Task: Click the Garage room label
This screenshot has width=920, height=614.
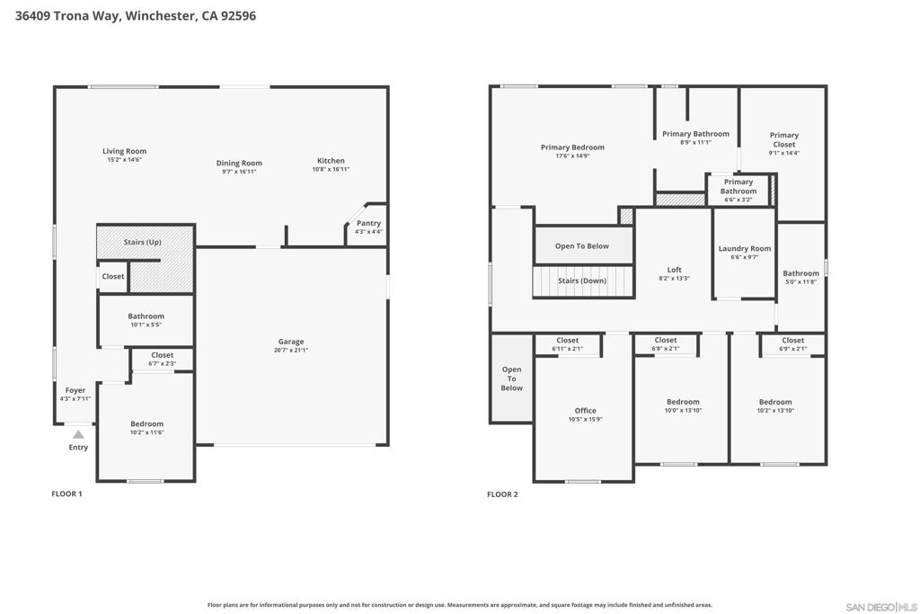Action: coord(291,342)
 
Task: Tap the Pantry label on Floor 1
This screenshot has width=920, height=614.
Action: coord(368,223)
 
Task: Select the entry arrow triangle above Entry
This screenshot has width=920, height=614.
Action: coord(78,434)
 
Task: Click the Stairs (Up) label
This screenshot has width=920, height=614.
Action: coord(143,242)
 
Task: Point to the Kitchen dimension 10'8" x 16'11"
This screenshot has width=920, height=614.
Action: coord(331,169)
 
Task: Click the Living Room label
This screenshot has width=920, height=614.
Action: coord(124,151)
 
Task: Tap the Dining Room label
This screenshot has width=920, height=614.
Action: coord(239,164)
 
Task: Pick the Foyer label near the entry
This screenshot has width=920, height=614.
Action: coord(75,390)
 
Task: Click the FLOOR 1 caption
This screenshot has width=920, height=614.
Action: coord(66,494)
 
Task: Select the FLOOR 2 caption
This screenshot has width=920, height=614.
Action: coord(503,494)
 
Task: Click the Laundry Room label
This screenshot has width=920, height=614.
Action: coord(745,248)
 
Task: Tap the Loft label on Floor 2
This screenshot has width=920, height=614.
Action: coord(674,270)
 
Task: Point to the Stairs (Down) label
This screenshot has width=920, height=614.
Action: coord(582,280)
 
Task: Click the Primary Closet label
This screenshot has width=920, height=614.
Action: coord(784,139)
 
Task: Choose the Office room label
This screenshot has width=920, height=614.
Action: coord(586,411)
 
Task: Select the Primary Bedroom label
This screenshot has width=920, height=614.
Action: coord(572,147)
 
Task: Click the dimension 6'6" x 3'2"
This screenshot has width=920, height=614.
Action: coord(739,200)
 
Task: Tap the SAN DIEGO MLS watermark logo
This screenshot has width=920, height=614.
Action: coord(881,607)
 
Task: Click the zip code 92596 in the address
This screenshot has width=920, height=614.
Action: coord(238,16)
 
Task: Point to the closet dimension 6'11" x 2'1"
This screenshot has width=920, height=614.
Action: coord(568,349)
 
